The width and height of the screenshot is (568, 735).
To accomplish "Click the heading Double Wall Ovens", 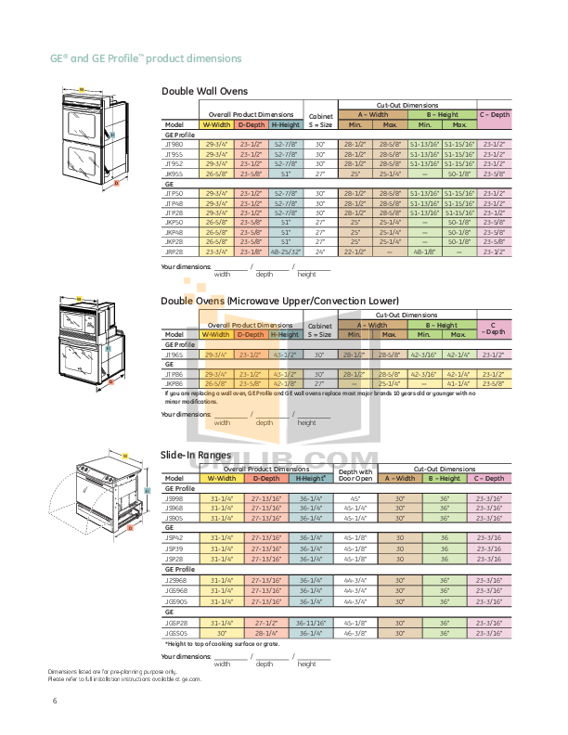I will pyautogui.click(x=205, y=91).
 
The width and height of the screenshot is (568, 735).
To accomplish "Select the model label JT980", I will pyautogui.click(x=174, y=145).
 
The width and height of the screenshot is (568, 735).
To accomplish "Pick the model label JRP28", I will pyautogui.click(x=174, y=251).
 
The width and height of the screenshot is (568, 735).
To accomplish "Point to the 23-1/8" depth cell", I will pyautogui.click(x=251, y=251).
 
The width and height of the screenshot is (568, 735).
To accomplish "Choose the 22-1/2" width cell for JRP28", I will pyautogui.click(x=354, y=251).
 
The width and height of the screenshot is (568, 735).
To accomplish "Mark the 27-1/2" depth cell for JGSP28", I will pyautogui.click(x=265, y=623).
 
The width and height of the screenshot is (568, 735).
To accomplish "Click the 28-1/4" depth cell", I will pyautogui.click(x=265, y=632).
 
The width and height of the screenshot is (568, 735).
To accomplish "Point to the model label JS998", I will pyautogui.click(x=174, y=497).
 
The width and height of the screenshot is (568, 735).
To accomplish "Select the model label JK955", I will pyautogui.click(x=174, y=172).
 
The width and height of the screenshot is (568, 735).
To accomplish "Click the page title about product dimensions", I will pyautogui.click(x=146, y=58).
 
